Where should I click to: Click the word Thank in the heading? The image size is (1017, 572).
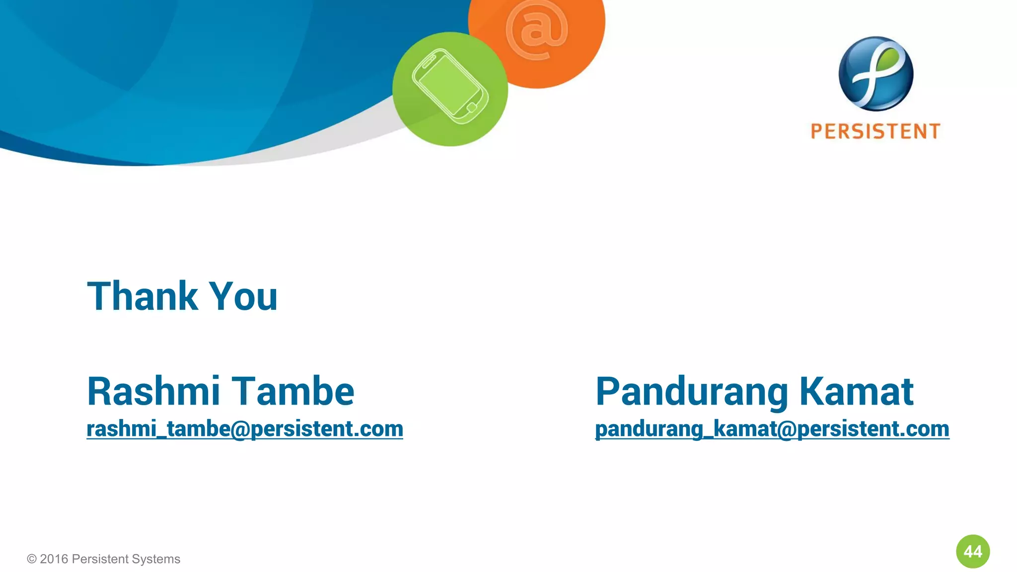(143, 296)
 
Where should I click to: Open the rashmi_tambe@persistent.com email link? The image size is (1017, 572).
(245, 429)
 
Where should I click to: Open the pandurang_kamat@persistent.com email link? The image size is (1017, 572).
(772, 429)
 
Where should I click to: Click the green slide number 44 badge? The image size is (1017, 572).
(973, 551)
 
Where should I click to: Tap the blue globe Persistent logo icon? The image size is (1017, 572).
(876, 73)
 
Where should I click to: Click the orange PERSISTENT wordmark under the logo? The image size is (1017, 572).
(875, 132)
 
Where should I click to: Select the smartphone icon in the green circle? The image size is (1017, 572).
(450, 86)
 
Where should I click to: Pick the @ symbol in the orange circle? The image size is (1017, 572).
(536, 30)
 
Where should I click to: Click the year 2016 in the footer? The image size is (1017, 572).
(54, 559)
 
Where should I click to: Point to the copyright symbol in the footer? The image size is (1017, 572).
(32, 559)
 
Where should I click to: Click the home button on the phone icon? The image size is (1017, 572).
(472, 107)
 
